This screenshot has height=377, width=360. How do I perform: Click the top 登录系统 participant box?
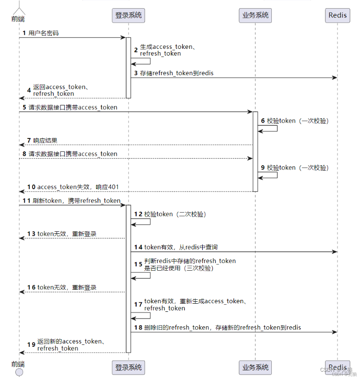tap(128, 15)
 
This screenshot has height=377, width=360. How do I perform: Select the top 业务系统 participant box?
tap(255, 15)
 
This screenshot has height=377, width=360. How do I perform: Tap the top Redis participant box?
tap(337, 15)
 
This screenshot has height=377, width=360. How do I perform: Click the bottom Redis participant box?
tap(337, 367)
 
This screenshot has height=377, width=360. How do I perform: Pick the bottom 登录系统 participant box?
tap(128, 367)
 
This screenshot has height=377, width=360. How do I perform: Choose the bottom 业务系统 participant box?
tap(255, 367)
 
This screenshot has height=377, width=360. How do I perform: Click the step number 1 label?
tap(23, 34)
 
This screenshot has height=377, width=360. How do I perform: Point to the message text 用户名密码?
tap(44, 34)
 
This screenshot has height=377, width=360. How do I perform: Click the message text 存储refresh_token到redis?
tap(177, 73)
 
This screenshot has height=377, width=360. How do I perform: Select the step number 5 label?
tap(23, 108)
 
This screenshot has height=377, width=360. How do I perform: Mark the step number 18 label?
tap(138, 327)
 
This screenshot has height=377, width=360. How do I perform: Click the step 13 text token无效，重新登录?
tap(67, 234)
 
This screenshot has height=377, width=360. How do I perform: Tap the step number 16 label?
tap(31, 287)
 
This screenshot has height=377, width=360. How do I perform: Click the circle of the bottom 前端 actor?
tap(19, 372)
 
